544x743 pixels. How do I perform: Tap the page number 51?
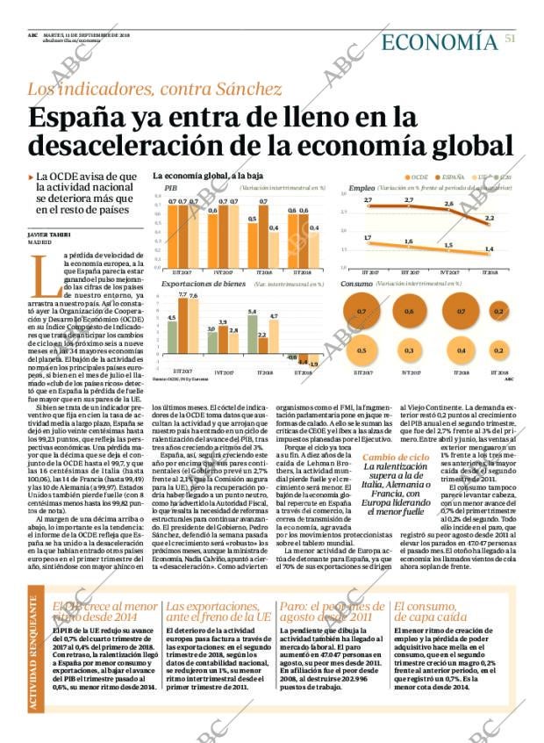pyautogui.click(x=510, y=37)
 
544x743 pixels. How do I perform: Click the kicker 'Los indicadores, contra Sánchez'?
pyautogui.click(x=154, y=89)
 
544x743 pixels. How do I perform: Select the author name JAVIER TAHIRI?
pyautogui.click(x=49, y=234)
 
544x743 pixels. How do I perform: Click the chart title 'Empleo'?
pyautogui.click(x=361, y=189)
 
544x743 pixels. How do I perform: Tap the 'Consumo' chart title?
pyautogui.click(x=356, y=285)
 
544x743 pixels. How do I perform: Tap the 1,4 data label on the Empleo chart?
pyautogui.click(x=488, y=249)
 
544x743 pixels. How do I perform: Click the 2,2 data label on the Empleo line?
pyautogui.click(x=489, y=218)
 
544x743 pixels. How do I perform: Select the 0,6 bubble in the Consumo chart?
pyautogui.click(x=408, y=312)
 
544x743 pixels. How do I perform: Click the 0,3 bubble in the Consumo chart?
pyautogui.click(x=408, y=350)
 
